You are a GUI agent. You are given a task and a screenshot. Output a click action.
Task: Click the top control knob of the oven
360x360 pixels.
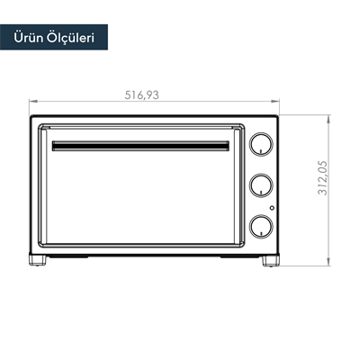coord(261,145)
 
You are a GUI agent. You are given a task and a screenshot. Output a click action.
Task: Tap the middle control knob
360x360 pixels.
coord(261,184)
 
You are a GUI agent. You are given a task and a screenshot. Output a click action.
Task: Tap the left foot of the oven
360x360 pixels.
coord(40,261)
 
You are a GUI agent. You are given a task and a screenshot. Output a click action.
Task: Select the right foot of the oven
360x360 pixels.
coord(270,261)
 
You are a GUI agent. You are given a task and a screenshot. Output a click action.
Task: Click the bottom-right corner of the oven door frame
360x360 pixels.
coord(246,248)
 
